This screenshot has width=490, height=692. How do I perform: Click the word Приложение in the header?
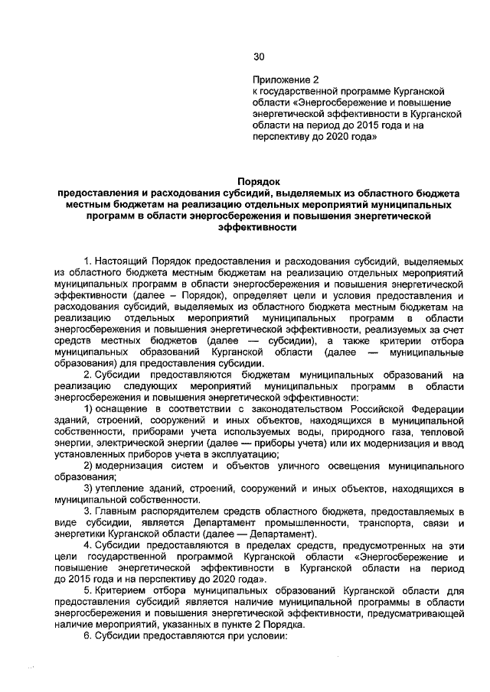coord(278,78)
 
